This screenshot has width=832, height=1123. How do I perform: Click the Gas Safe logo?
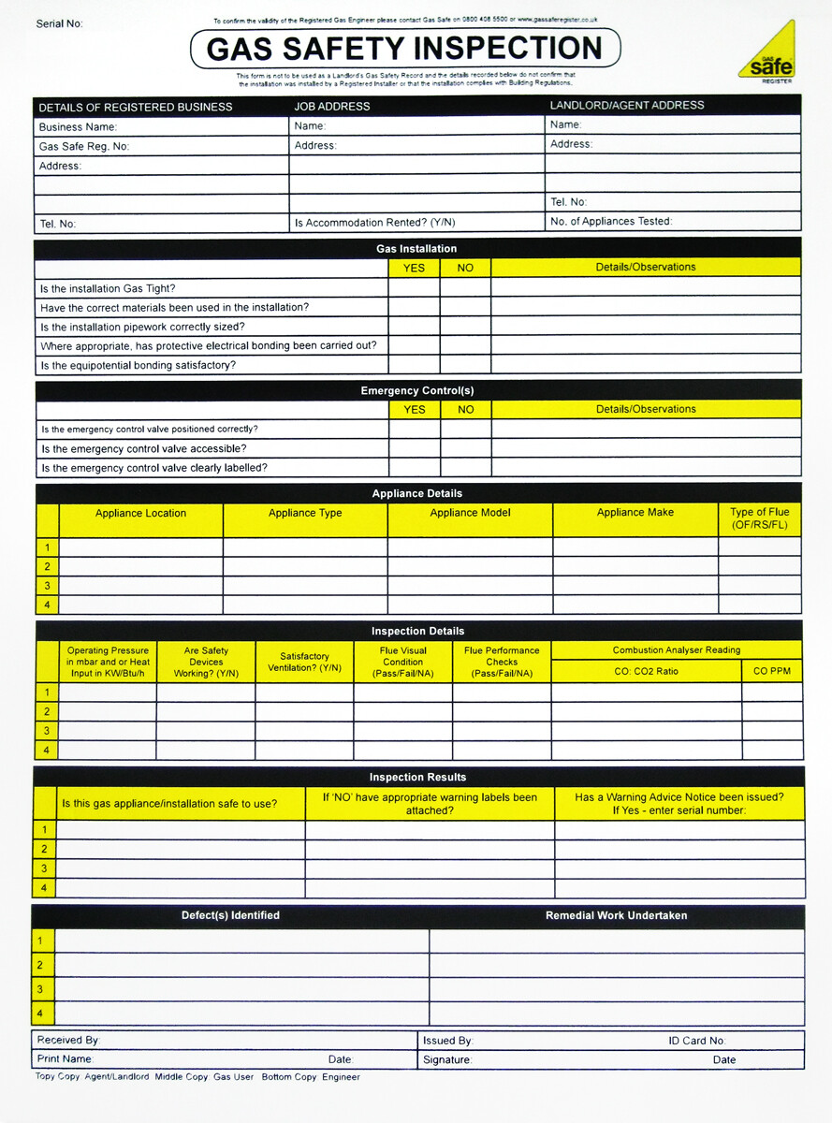[766, 53]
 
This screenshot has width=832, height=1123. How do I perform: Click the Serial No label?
[60, 23]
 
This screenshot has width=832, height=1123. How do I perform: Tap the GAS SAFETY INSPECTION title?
[404, 49]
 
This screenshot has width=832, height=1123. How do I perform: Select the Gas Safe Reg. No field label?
[84, 146]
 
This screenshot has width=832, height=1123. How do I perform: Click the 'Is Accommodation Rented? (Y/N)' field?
[374, 223]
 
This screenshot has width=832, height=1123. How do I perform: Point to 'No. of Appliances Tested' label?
[610, 222]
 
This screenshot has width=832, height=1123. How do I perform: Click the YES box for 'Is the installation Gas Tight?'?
[414, 288]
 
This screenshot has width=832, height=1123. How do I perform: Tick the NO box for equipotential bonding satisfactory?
[465, 365]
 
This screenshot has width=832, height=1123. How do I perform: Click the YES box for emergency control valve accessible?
[414, 448]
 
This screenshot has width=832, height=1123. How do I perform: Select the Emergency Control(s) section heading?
[417, 390]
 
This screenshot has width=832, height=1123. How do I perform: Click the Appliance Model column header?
[470, 513]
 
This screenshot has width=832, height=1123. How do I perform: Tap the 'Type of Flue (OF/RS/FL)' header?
[759, 518]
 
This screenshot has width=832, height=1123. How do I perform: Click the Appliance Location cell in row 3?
[140, 586]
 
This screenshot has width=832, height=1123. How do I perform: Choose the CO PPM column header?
[772, 671]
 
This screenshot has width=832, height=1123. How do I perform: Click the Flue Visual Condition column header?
[402, 662]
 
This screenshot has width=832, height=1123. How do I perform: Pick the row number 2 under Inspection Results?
[44, 849]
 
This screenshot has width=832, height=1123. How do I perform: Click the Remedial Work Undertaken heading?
[616, 915]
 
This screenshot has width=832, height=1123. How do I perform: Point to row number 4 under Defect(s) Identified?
[39, 1014]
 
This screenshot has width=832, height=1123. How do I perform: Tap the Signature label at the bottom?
[446, 1060]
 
